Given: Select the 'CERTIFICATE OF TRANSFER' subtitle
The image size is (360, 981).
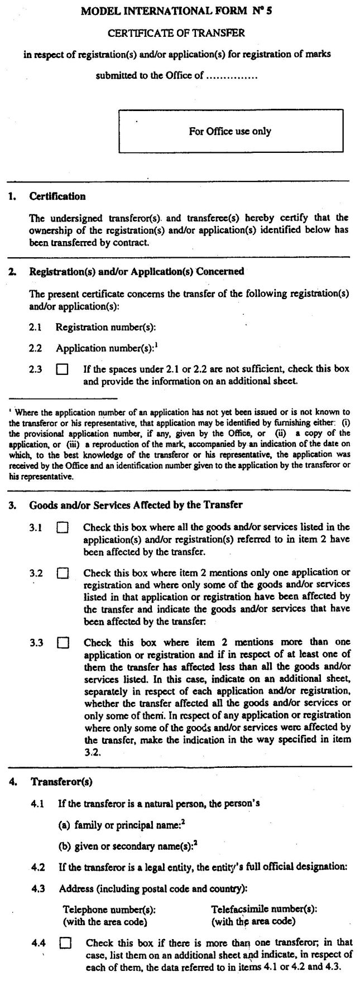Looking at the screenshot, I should tap(176, 33).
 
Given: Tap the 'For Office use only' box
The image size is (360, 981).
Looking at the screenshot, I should tap(230, 132).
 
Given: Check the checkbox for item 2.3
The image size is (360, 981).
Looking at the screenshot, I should tap(63, 369).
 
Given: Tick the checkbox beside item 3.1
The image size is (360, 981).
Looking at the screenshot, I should tap(63, 527).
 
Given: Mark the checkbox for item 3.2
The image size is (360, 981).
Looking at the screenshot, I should tap(63, 573).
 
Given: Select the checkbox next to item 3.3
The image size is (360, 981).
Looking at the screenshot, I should tap(63, 643).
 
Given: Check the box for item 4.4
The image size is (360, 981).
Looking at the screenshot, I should tap(65, 944).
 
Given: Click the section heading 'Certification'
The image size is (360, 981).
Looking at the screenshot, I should tap(57, 196).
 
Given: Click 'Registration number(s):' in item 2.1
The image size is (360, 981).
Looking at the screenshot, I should tap(105, 328).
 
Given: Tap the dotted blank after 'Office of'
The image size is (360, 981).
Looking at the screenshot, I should tap(232, 76).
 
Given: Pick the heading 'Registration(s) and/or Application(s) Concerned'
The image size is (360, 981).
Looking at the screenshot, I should tap(137, 272).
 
